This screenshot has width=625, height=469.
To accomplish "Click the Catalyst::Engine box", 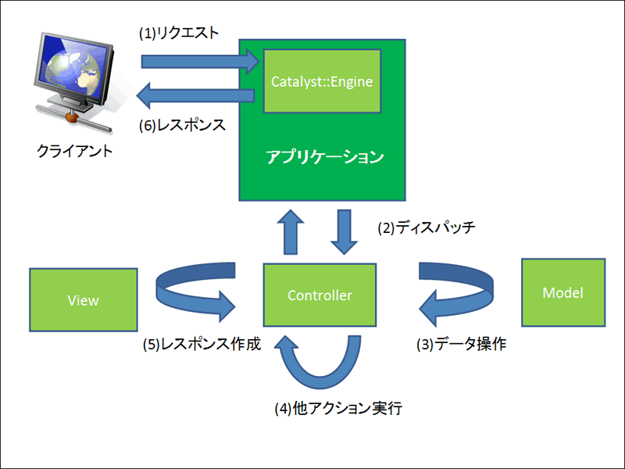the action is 322,81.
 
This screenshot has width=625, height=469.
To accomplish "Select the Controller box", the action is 320,295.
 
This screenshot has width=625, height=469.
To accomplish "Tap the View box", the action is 84,300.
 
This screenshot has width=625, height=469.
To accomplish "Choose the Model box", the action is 563,292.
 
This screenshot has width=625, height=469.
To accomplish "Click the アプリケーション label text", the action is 324,157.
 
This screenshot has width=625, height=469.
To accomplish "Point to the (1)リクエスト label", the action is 179,33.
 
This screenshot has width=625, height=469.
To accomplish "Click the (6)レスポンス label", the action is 182,125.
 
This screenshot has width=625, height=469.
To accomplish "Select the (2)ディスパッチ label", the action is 427,227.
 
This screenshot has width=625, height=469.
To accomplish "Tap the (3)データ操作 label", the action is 462,344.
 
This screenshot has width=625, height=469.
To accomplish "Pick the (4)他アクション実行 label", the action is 338,408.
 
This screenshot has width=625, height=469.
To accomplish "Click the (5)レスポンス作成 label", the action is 202,344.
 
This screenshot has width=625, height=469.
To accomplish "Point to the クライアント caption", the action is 74,151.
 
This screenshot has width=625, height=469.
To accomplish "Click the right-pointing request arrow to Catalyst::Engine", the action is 200,62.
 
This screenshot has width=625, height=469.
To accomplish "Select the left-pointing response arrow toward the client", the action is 195,95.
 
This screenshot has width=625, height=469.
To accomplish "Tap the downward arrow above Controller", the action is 344,232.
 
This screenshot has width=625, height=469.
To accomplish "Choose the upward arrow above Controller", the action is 291,232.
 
